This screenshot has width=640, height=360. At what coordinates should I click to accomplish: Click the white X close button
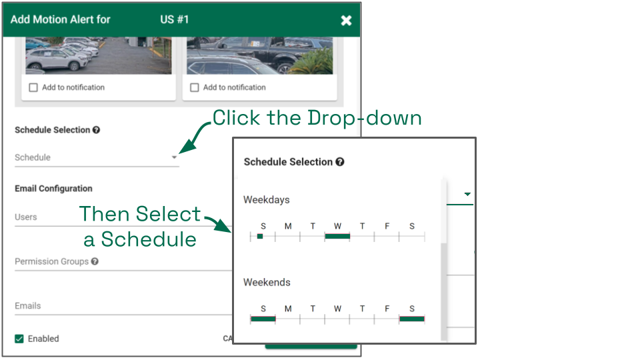tap(346, 21)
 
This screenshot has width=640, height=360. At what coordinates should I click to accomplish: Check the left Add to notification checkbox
tap(33, 87)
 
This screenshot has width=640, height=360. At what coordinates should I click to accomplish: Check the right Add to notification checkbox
tap(195, 87)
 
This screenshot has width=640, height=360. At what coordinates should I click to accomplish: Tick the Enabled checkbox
tap(19, 339)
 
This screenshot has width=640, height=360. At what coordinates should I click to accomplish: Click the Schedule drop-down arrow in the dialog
tap(174, 157)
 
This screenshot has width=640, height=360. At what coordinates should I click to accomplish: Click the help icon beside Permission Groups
tap(95, 261)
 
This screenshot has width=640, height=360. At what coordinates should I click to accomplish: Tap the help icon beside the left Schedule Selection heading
tap(96, 130)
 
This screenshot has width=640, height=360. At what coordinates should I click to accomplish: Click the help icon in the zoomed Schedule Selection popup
tap(339, 162)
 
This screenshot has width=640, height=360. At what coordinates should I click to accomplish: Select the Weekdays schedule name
tap(267, 199)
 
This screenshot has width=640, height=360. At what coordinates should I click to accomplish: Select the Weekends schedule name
tap(267, 282)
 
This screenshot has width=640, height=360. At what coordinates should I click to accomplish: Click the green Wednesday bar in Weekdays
tap(337, 236)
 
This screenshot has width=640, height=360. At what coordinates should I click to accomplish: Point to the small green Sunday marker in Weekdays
tap(260, 236)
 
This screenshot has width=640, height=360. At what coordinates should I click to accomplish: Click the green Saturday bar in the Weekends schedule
tap(412, 319)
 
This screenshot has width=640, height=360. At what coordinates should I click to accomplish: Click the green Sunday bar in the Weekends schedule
tap(263, 319)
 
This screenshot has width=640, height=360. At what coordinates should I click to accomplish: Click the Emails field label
tap(28, 306)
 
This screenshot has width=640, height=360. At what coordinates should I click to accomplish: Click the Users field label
tap(26, 217)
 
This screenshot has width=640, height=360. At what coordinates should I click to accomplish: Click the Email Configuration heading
tap(53, 189)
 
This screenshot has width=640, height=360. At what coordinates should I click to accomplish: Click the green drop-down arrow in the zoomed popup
tap(467, 194)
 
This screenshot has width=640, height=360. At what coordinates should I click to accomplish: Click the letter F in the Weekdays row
tap(387, 226)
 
